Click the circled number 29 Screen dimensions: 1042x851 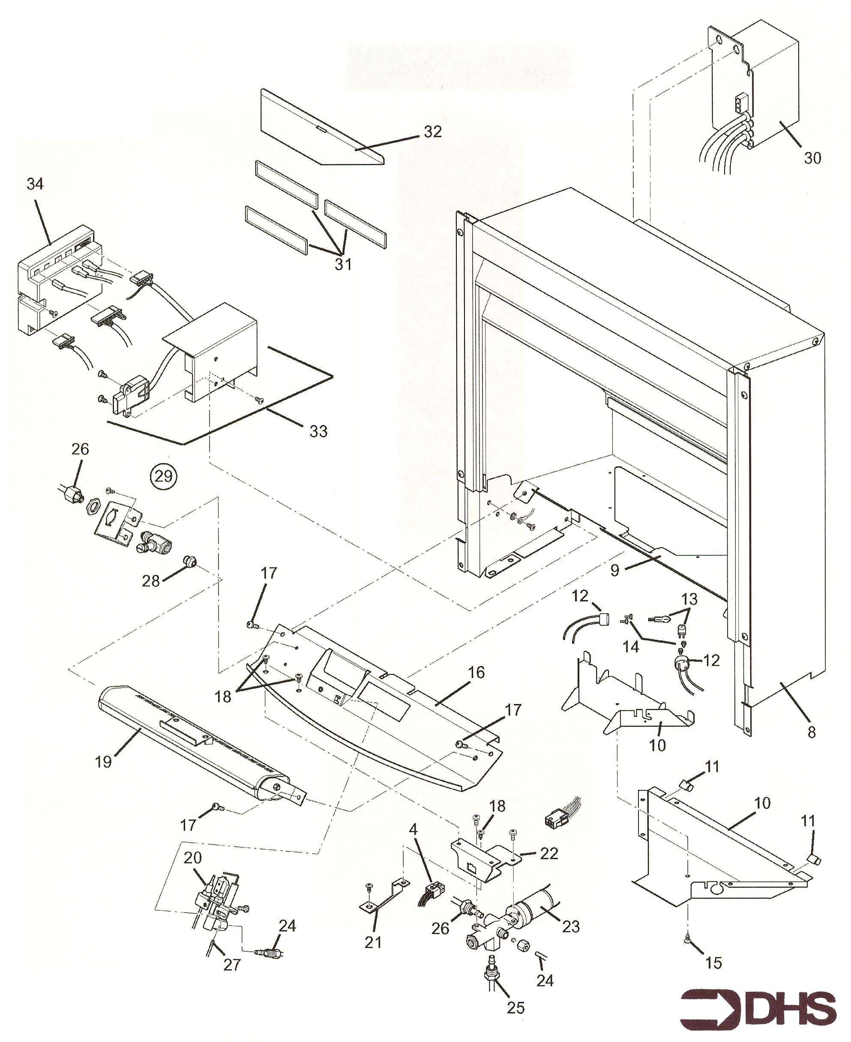point(163,476)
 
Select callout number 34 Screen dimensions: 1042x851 point(35,184)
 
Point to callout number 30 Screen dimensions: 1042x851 point(812,158)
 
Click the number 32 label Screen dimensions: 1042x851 point(433,131)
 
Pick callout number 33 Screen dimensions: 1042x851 point(318,431)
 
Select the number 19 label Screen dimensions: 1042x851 point(103,762)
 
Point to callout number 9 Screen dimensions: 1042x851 point(615,570)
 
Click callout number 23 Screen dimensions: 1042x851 point(571,926)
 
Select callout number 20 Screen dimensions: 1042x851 point(193,858)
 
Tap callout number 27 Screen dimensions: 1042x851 point(232,964)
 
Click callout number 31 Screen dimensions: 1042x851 point(343,264)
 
